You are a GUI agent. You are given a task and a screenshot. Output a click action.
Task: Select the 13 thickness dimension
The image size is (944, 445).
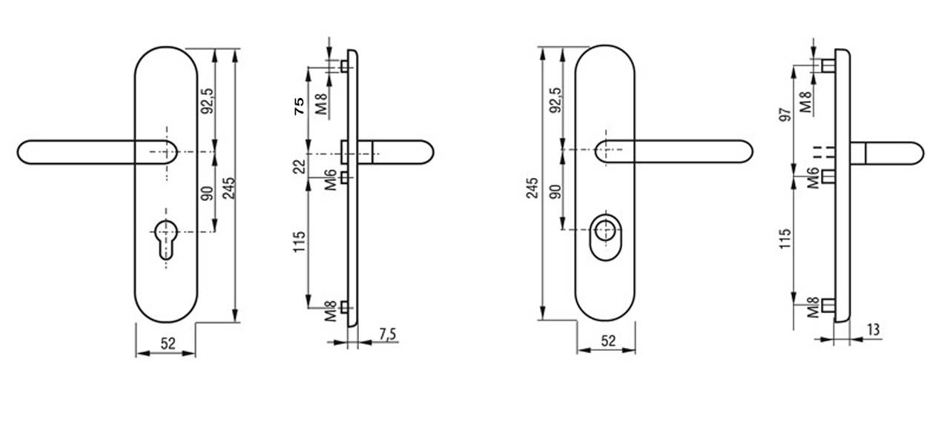click(x=874, y=330)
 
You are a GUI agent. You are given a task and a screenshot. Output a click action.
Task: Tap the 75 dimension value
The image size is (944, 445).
click(x=300, y=105)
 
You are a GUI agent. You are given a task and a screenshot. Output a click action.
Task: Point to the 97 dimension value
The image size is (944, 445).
click(x=786, y=111)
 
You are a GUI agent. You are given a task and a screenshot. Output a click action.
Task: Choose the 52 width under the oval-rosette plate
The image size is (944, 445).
click(x=608, y=341)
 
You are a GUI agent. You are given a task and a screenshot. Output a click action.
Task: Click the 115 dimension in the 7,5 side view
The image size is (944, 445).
click(x=300, y=243)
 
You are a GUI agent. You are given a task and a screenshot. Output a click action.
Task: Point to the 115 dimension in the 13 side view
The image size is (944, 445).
click(x=786, y=239)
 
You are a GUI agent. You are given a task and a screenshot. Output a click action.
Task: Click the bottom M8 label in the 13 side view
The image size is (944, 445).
click(x=813, y=306)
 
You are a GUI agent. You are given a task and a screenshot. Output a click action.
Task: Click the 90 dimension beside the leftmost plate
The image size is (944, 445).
click(x=207, y=193)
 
